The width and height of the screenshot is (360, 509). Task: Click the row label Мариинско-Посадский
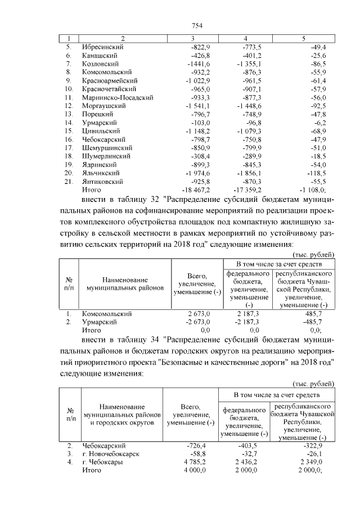pyautogui.click(x=118, y=97)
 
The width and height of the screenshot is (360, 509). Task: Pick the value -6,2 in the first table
pyautogui.click(x=326, y=123)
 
